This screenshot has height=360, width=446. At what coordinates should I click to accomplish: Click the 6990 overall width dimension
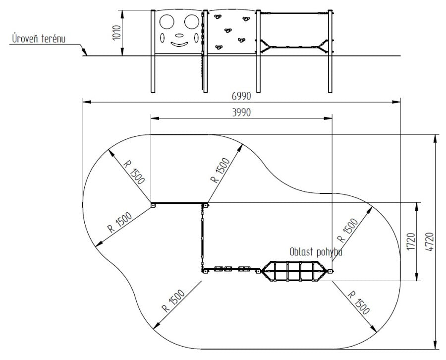tap(241, 96)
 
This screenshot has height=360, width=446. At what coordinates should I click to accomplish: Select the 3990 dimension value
tap(241, 113)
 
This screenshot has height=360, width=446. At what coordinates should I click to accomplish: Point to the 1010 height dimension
tap(116, 33)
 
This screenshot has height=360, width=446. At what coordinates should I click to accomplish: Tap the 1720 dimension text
tap(411, 241)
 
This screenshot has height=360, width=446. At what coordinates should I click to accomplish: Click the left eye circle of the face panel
tap(167, 22)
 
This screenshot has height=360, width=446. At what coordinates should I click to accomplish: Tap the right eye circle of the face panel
tap(191, 22)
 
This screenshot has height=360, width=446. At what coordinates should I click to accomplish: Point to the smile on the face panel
tap(179, 45)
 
